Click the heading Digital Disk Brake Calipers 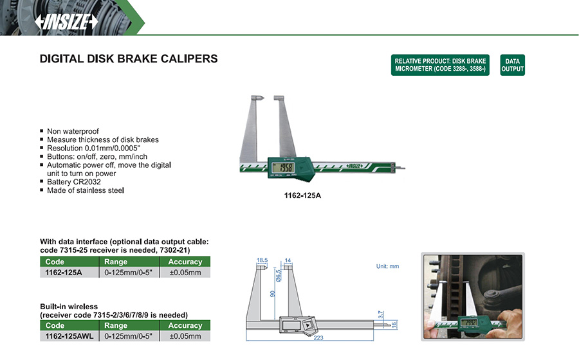[x=129, y=59]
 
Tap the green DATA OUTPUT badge [x=512, y=65]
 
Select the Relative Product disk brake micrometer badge [x=440, y=65]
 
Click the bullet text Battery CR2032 [x=74, y=182]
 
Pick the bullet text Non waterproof [x=73, y=131]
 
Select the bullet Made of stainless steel [x=85, y=190]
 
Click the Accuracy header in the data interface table [x=185, y=262]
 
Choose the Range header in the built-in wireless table [x=116, y=325]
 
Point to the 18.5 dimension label [x=262, y=260]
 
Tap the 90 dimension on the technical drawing [x=273, y=294]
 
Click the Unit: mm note [x=387, y=266]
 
